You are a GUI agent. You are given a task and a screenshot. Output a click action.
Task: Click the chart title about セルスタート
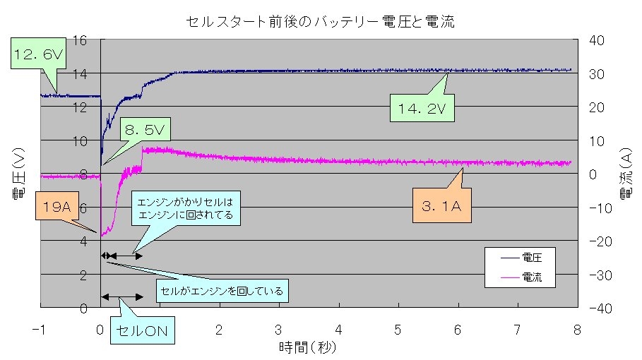pos(321,23)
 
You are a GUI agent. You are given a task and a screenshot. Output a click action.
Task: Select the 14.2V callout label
pos(422,109)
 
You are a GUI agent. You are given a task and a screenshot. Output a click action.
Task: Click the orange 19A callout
pos(55,207)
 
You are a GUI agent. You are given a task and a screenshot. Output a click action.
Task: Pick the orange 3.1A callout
pos(441,208)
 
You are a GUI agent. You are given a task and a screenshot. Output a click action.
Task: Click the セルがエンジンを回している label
pos(222,290)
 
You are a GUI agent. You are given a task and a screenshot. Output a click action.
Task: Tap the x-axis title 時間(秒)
pos(308,347)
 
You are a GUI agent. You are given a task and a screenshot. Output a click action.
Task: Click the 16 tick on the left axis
pos(79,40)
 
